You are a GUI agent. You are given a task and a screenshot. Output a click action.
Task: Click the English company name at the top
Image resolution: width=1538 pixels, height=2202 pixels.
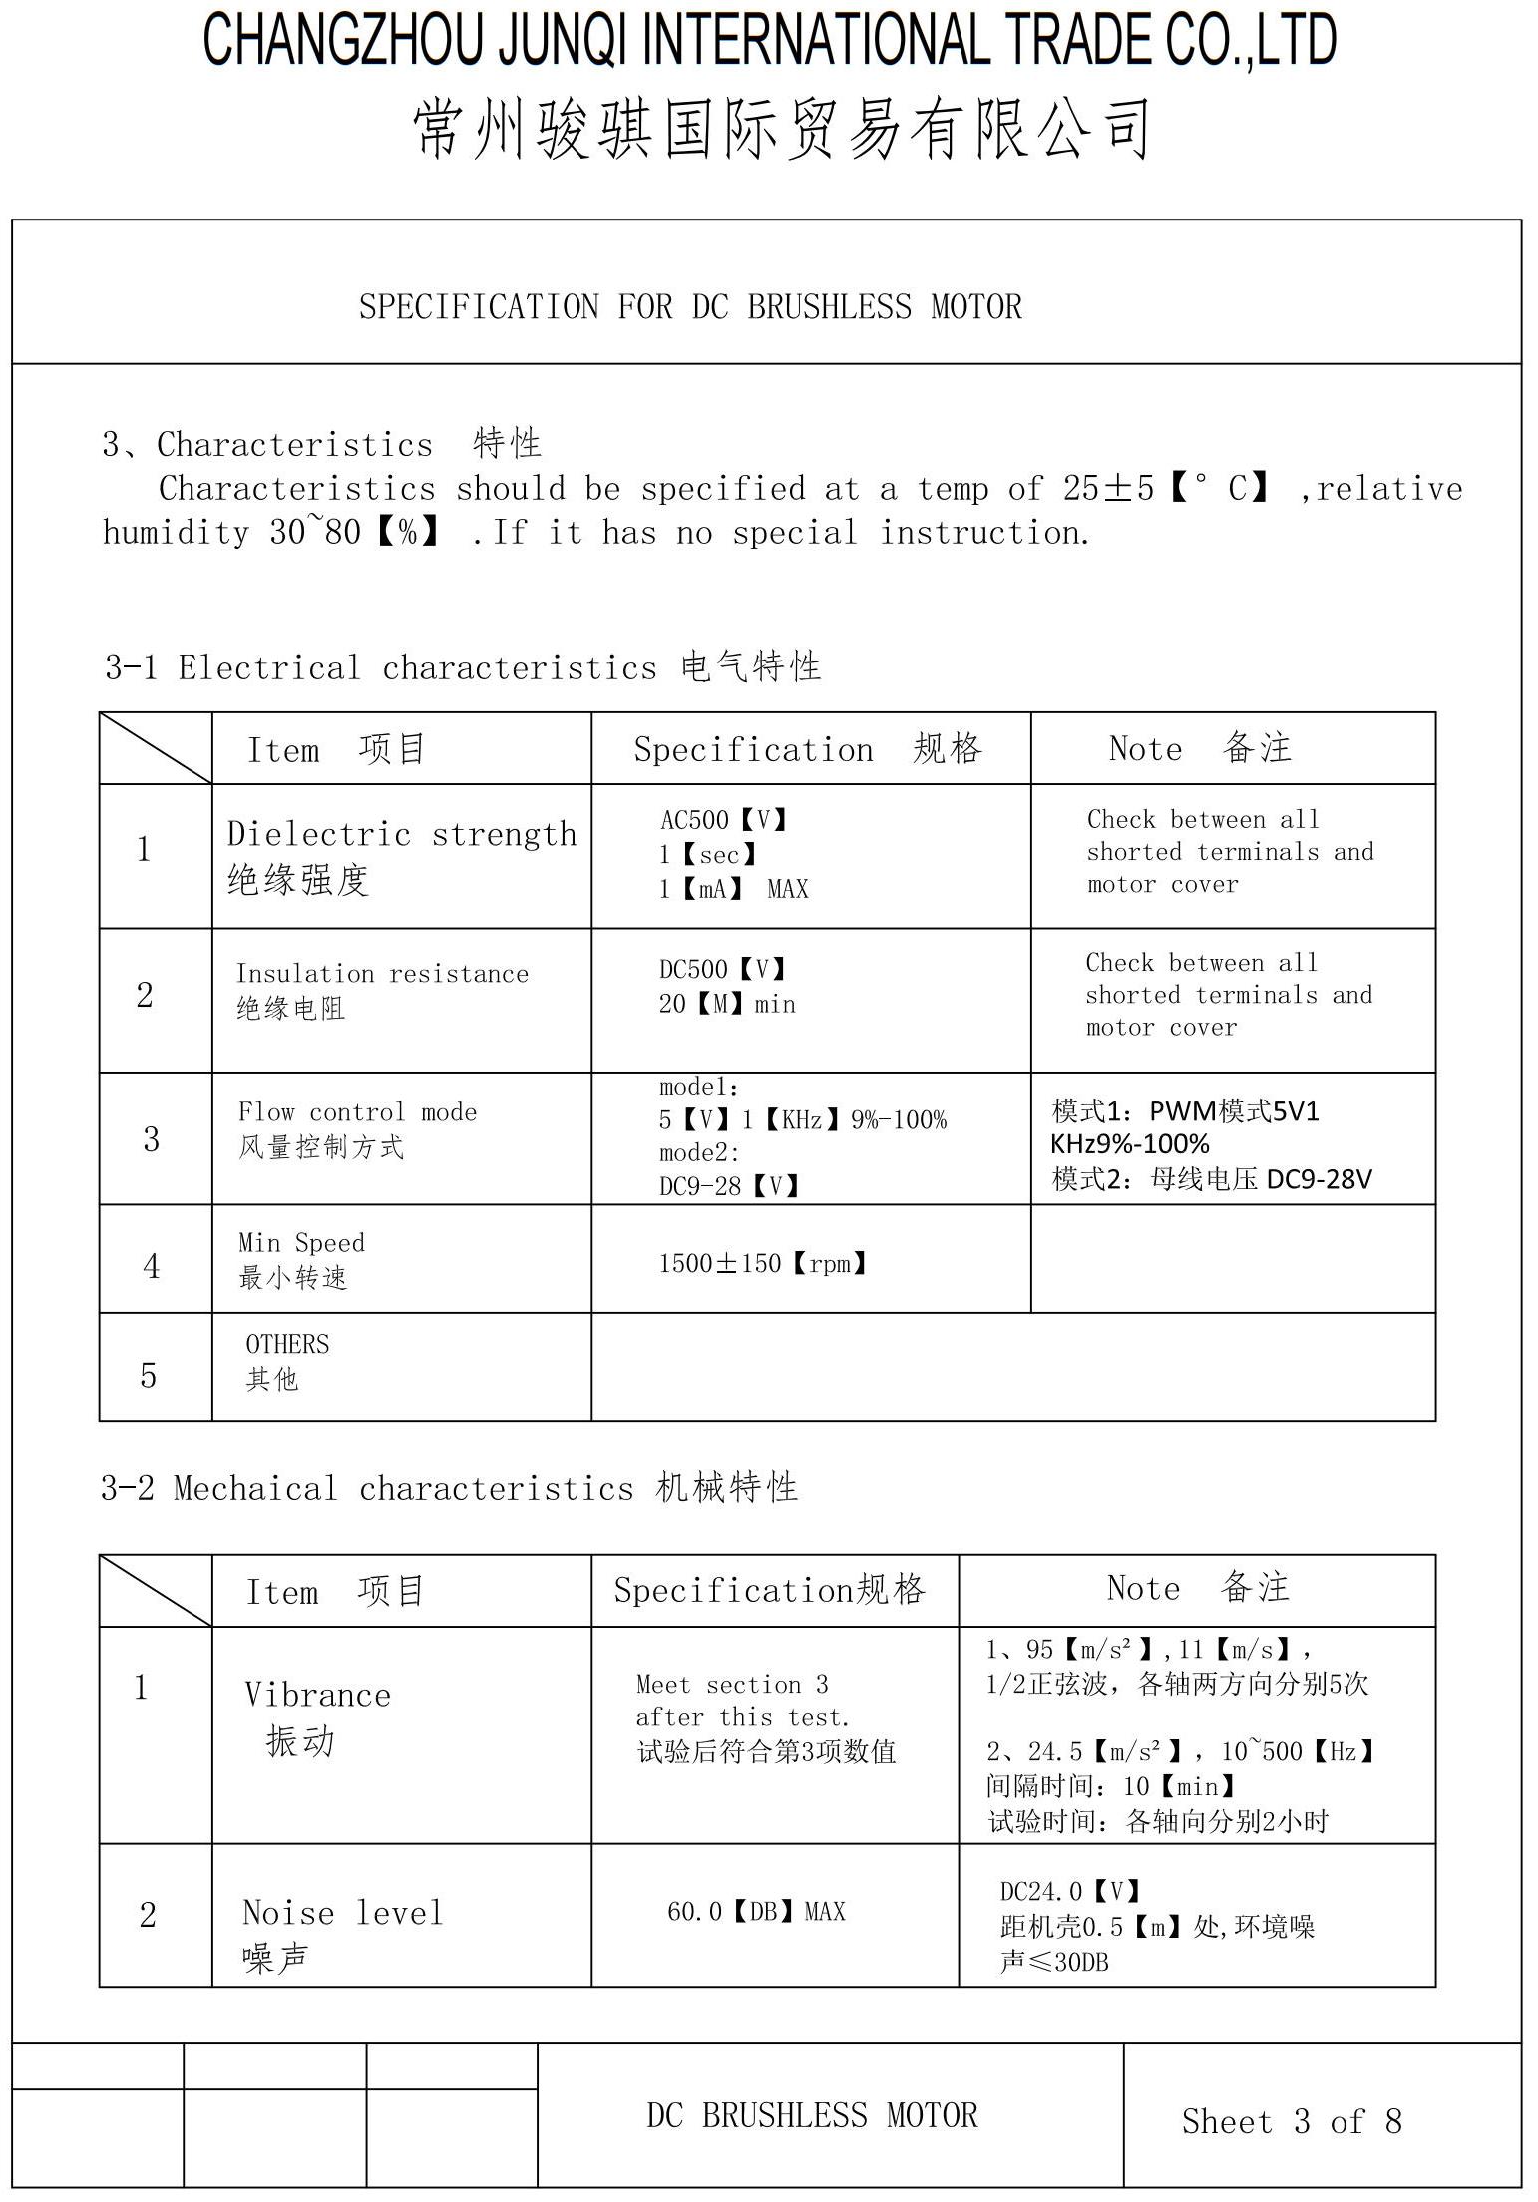[769, 40]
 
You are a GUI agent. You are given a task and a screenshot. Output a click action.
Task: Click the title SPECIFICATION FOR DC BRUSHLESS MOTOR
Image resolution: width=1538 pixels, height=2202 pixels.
[690, 306]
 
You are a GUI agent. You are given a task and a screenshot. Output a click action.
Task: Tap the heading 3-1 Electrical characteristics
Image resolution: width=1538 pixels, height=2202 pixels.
[463, 666]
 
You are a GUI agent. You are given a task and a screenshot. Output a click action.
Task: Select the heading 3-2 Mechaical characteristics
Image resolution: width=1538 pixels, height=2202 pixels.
[449, 1488]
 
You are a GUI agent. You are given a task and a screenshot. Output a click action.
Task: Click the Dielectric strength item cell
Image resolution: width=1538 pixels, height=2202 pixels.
[401, 855]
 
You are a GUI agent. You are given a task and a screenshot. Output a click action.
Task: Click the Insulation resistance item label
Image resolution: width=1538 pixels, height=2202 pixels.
[382, 974]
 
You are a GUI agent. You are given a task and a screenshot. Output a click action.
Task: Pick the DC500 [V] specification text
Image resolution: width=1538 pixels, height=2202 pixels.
[723, 969]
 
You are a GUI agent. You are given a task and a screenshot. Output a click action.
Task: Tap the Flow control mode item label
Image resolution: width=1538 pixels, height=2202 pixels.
[357, 1112]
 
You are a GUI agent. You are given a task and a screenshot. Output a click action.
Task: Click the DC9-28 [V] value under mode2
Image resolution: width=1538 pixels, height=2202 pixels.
[729, 1186]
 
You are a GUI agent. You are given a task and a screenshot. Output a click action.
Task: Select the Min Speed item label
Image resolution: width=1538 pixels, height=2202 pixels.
[301, 1243]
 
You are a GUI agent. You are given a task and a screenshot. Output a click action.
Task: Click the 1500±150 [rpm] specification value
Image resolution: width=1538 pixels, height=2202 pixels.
[763, 1264]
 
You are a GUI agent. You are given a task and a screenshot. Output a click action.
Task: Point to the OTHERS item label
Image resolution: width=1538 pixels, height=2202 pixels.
[287, 1345]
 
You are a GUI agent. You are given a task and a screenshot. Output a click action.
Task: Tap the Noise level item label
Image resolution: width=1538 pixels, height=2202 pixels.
[342, 1913]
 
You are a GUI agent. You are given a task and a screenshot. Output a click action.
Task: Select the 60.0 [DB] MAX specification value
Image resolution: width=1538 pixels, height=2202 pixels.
[756, 1912]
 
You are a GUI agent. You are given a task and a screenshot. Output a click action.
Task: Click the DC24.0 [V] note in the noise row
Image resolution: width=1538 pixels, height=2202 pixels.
[1070, 1891]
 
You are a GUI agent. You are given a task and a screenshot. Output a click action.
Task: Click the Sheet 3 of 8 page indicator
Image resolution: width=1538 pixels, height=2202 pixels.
[1292, 2121]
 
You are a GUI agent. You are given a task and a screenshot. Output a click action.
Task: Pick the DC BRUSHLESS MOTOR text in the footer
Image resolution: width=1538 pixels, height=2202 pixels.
[812, 2115]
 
